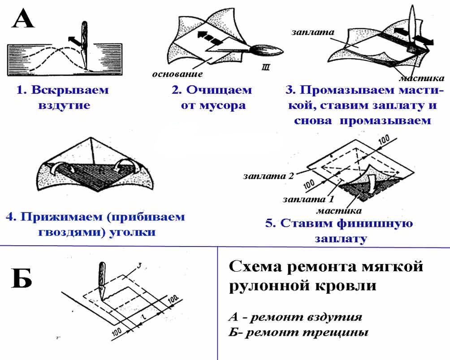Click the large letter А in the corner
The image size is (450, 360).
pos(22,19)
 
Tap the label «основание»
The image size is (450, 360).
pos(177,74)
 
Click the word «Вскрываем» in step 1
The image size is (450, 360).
pos(69,90)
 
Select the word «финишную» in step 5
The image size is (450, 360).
pos(376,223)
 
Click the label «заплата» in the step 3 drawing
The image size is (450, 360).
pos(307,32)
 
